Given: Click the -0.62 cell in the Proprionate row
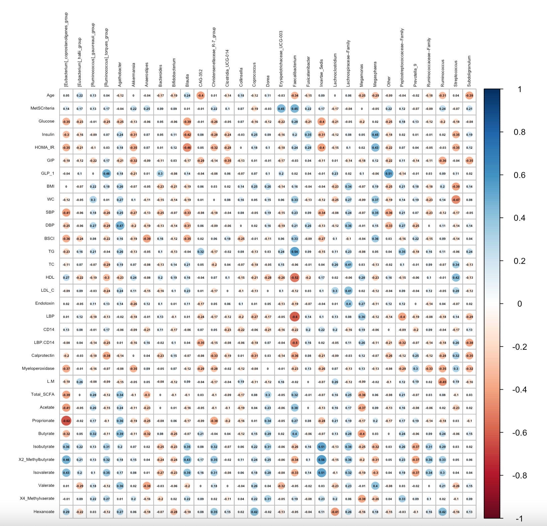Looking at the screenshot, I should click(x=66, y=421).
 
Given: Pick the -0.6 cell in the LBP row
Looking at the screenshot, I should click(x=295, y=317).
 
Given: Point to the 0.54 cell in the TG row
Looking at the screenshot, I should click(x=295, y=252).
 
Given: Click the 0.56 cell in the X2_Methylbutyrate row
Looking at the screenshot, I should click(x=321, y=460).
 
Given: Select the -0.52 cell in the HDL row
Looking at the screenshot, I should click(x=295, y=277).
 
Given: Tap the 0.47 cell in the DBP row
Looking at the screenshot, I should click(x=120, y=225).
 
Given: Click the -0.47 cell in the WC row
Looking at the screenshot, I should click(x=456, y=200).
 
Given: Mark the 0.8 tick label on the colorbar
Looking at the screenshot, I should click(x=519, y=132).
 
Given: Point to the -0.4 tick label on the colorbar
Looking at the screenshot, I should click(x=519, y=390).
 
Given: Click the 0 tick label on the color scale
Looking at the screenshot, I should click(x=519, y=304).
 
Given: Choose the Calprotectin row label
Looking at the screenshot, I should click(x=43, y=355).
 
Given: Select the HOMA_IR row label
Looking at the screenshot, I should click(x=44, y=147).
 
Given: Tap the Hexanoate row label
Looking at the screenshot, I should click(x=44, y=512).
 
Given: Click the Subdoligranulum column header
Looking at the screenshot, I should click(x=469, y=71).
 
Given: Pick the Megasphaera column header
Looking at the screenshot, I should click(x=375, y=74).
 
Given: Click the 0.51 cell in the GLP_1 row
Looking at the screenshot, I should click(x=389, y=174).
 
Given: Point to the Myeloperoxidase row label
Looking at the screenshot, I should click(x=38, y=369).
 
